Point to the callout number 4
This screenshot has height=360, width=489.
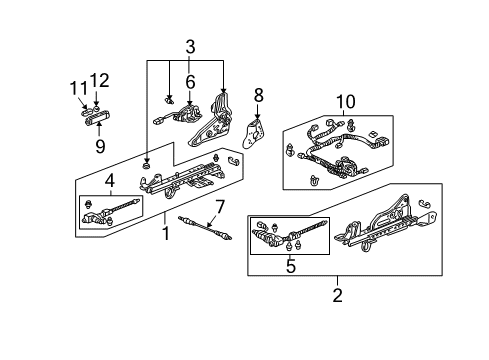tap(110, 181)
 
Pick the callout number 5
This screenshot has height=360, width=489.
tap(292, 266)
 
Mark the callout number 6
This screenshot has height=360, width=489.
tap(189, 84)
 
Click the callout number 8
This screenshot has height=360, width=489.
tap(257, 95)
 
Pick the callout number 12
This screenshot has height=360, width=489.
tap(98, 81)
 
